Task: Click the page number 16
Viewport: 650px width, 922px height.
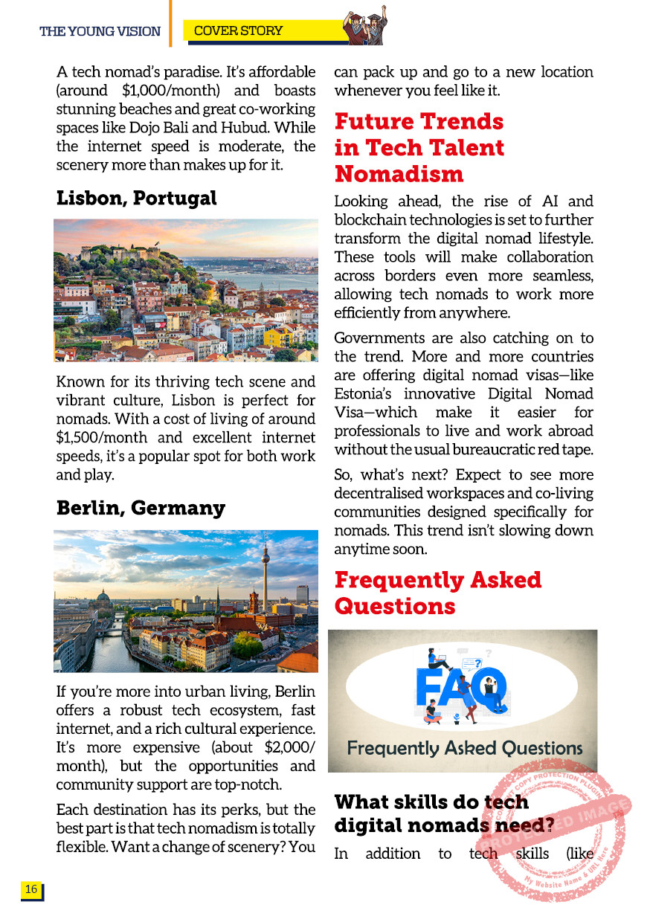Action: (31, 889)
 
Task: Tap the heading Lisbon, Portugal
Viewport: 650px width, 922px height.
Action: (136, 199)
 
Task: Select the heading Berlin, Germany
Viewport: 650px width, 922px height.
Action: (141, 509)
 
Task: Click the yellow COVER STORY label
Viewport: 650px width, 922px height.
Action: (238, 30)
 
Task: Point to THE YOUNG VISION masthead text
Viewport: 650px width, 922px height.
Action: (100, 31)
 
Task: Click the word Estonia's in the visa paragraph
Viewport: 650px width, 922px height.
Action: (369, 393)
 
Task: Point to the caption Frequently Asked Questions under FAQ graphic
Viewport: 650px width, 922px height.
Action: (464, 748)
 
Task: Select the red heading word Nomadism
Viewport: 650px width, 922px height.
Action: (399, 174)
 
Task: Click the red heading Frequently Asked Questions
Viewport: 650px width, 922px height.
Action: (437, 593)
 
